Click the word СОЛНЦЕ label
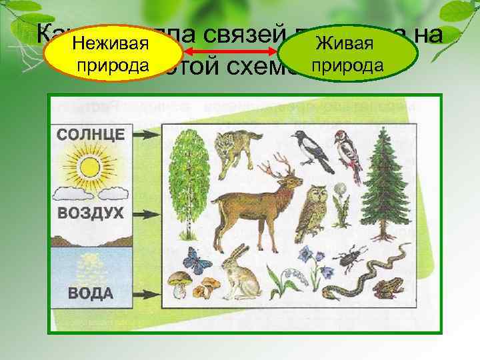click(x=90, y=133)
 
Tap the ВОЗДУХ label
click(x=90, y=214)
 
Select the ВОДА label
click(x=90, y=293)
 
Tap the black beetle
click(x=350, y=259)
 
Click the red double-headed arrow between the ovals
click(x=231, y=51)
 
